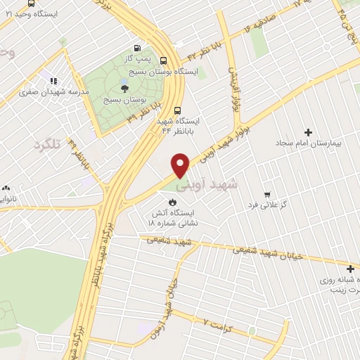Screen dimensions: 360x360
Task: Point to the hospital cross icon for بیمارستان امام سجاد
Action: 307,132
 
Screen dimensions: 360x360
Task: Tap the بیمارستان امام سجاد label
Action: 316,143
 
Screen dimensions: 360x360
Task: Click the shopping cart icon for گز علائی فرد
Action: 266,194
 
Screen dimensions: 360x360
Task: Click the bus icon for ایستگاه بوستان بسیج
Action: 164,60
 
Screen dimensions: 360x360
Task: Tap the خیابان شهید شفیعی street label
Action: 271,252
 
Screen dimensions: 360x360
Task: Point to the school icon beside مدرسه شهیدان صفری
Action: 54,81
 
